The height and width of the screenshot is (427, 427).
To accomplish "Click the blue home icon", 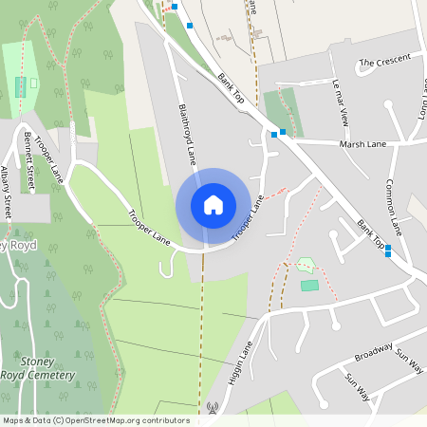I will click(213, 205).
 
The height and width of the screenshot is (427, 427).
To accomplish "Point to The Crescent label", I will click(384, 62).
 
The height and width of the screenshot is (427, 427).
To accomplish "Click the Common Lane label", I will click(396, 206).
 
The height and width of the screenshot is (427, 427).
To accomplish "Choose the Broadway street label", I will click(373, 353).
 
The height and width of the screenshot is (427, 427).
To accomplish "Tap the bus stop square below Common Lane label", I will click(388, 249).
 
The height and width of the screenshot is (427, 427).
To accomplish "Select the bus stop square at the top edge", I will click(175, 6).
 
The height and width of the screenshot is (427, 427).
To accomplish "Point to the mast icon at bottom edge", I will click(212, 409).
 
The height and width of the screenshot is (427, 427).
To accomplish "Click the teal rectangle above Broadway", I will click(309, 285).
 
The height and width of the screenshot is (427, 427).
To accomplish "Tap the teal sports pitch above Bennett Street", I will click(21, 87).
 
